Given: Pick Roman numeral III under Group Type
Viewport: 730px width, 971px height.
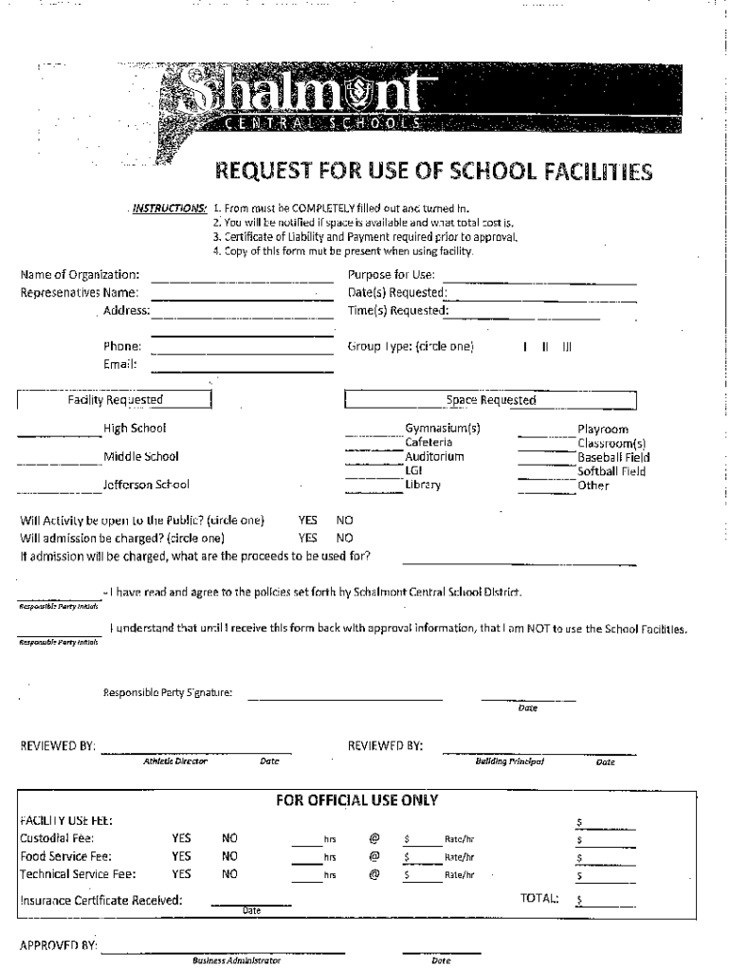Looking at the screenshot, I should tap(567, 347).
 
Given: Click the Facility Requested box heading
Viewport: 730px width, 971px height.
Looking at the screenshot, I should tap(115, 400).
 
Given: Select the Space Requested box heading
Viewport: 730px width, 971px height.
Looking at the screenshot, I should tap(490, 400).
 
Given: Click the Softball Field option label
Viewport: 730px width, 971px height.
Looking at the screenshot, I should tap(613, 471).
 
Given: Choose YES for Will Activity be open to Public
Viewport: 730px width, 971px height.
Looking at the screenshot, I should tap(307, 521).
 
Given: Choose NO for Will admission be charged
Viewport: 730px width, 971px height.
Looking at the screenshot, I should tap(344, 538).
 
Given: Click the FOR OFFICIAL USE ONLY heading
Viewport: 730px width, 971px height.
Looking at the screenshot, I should tap(356, 800).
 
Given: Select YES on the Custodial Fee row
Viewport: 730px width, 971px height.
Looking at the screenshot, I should tap(181, 838).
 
